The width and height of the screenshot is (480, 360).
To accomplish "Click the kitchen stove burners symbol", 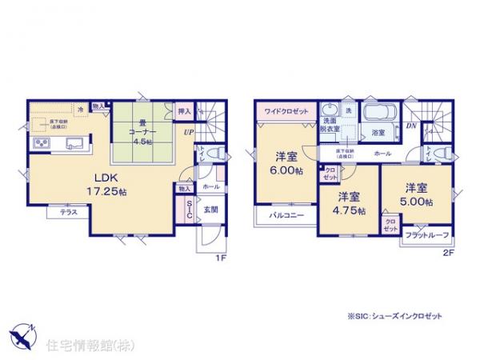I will [x=42, y=144].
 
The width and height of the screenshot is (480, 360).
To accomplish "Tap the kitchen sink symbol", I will [x=73, y=144].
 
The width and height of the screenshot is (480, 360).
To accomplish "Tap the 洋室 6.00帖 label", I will [x=284, y=163].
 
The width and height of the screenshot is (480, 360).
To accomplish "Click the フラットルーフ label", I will [x=426, y=235].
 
